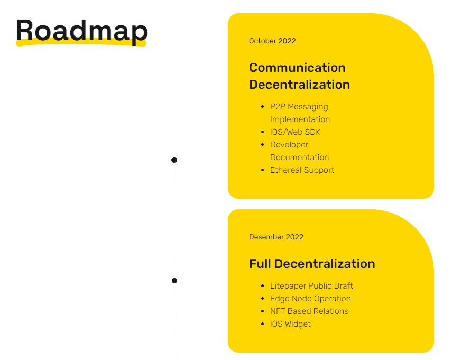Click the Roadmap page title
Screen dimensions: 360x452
pyautogui.click(x=81, y=30)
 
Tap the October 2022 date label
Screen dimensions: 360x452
pyautogui.click(x=272, y=41)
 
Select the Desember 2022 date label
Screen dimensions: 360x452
pyautogui.click(x=276, y=237)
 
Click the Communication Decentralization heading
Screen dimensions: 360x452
pyautogui.click(x=299, y=76)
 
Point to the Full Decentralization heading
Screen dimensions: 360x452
pyautogui.click(x=312, y=264)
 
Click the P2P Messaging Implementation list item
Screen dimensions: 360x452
pyautogui.click(x=300, y=113)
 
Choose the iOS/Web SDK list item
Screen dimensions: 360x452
pyautogui.click(x=295, y=132)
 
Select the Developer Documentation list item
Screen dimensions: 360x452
pyautogui.click(x=299, y=151)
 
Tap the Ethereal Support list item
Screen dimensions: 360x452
pyautogui.click(x=302, y=170)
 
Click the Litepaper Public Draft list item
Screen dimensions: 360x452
pyautogui.click(x=311, y=286)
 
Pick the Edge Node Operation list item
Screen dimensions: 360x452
pyautogui.click(x=310, y=299)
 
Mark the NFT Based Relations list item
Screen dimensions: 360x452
pyautogui.click(x=309, y=311)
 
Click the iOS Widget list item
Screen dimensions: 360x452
pyautogui.click(x=290, y=324)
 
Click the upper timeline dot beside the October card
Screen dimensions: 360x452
pyautogui.click(x=174, y=160)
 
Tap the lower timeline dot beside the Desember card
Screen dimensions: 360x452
pyautogui.click(x=174, y=281)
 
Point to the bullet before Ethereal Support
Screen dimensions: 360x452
pyautogui.click(x=263, y=170)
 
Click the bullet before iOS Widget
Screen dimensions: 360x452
pyautogui.click(x=263, y=324)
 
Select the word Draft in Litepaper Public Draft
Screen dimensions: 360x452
pyautogui.click(x=342, y=286)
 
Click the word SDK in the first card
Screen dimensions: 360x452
pyautogui.click(x=312, y=132)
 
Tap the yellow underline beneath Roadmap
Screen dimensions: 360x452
pyautogui.click(x=81, y=44)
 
